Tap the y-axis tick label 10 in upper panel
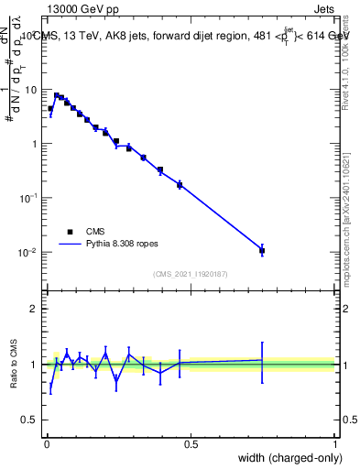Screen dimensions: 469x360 pyautogui.click(x=32, y=90)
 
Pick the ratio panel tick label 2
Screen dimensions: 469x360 pyautogui.click(x=35, y=309)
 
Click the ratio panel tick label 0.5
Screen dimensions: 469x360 pyautogui.click(x=30, y=420)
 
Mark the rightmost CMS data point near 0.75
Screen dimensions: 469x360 pyautogui.click(x=262, y=250)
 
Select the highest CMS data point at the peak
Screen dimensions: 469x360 pyautogui.click(x=57, y=95)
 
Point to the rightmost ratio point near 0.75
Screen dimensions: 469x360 pyautogui.click(x=262, y=360)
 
